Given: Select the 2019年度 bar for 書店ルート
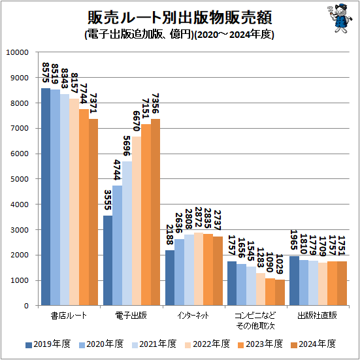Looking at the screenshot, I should point(46,197).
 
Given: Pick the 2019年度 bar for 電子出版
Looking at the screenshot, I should point(108,261).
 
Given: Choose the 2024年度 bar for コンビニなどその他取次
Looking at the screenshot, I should point(279,293).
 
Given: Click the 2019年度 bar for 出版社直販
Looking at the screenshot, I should point(294,281).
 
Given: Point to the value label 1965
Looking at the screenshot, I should point(294,241).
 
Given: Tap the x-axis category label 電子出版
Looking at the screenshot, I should point(131,316).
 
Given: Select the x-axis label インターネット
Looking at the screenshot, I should point(193,316).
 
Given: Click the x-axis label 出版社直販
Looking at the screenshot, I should point(317,316).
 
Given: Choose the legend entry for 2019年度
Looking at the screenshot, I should point(47,344).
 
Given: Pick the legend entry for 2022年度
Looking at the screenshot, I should point(207,344).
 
